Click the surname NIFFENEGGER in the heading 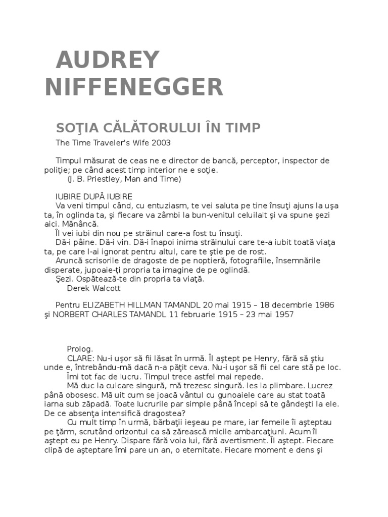click(134, 87)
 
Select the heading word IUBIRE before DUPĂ click(68, 196)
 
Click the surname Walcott click(105, 288)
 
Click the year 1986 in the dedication click(323, 305)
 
